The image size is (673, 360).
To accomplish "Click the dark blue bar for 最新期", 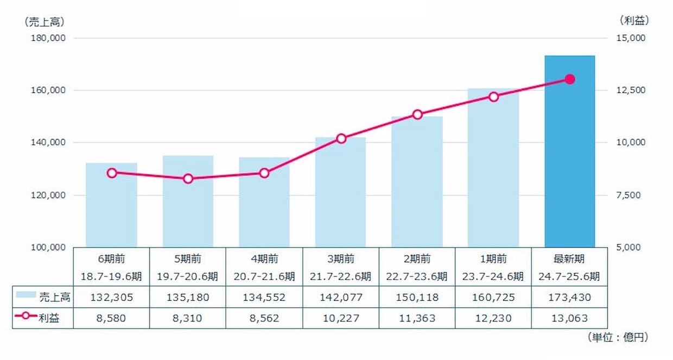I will [x=569, y=151].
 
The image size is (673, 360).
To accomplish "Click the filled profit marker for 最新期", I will [x=569, y=79].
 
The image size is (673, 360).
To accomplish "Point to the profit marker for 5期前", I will [x=188, y=179].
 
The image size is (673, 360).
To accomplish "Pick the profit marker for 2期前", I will [x=417, y=115].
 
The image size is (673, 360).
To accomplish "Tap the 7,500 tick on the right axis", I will [x=632, y=195].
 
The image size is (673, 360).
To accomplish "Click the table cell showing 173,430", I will [x=569, y=298].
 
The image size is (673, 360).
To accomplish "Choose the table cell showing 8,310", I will [x=188, y=318].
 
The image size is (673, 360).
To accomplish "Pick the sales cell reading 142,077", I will [x=341, y=298].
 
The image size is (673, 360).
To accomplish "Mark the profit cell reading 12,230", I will [x=493, y=318].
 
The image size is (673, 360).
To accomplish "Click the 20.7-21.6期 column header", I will [x=264, y=276].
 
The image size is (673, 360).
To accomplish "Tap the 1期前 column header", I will [x=493, y=258].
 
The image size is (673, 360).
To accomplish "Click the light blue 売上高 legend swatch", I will [x=26, y=295].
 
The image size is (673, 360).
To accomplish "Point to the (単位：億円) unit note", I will [x=617, y=338].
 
